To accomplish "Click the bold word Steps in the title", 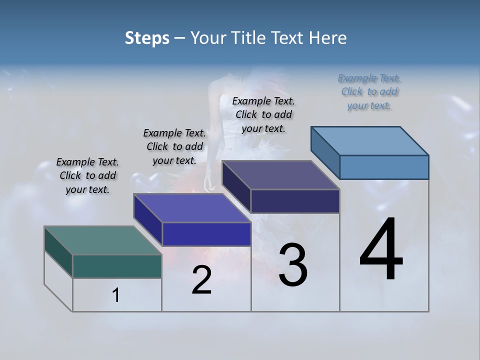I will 147,38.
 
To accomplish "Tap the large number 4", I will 381,250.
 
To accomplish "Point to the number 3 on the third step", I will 293,265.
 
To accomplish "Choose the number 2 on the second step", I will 201,280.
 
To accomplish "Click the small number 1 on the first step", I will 116,295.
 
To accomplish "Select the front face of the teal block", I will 117,266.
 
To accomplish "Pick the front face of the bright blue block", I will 206,234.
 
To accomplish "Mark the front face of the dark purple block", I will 295,201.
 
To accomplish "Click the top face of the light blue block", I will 370,140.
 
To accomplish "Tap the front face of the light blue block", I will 384,167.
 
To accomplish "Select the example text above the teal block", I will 87,175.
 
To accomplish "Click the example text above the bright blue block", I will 174,146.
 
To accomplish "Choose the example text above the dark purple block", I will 263,114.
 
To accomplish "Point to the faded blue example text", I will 369,91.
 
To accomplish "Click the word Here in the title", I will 328,38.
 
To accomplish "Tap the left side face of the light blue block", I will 325,152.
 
